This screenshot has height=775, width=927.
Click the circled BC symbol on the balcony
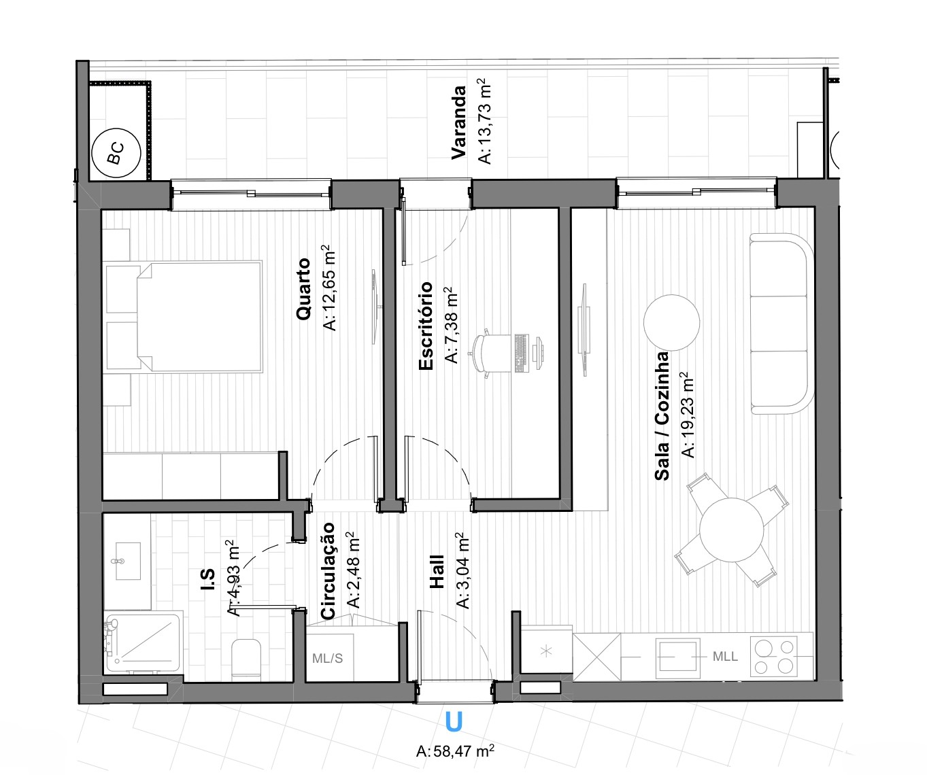point(116,153)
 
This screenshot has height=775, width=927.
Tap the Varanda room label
point(458,122)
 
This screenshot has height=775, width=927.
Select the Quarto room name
point(303,288)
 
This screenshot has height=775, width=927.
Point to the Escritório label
point(426,326)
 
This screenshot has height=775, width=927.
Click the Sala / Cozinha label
point(662,416)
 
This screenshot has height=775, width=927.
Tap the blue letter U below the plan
point(454,721)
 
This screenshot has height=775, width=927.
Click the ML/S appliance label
point(328,658)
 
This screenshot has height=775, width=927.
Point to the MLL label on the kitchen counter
point(725,656)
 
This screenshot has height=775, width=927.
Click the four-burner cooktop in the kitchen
point(774,657)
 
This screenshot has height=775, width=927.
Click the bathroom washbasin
point(128,561)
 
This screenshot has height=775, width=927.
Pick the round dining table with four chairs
point(731,530)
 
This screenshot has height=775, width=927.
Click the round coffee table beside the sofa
point(671,323)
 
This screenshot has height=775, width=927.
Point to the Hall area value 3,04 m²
point(462,570)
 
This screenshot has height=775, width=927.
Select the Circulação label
point(327,570)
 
